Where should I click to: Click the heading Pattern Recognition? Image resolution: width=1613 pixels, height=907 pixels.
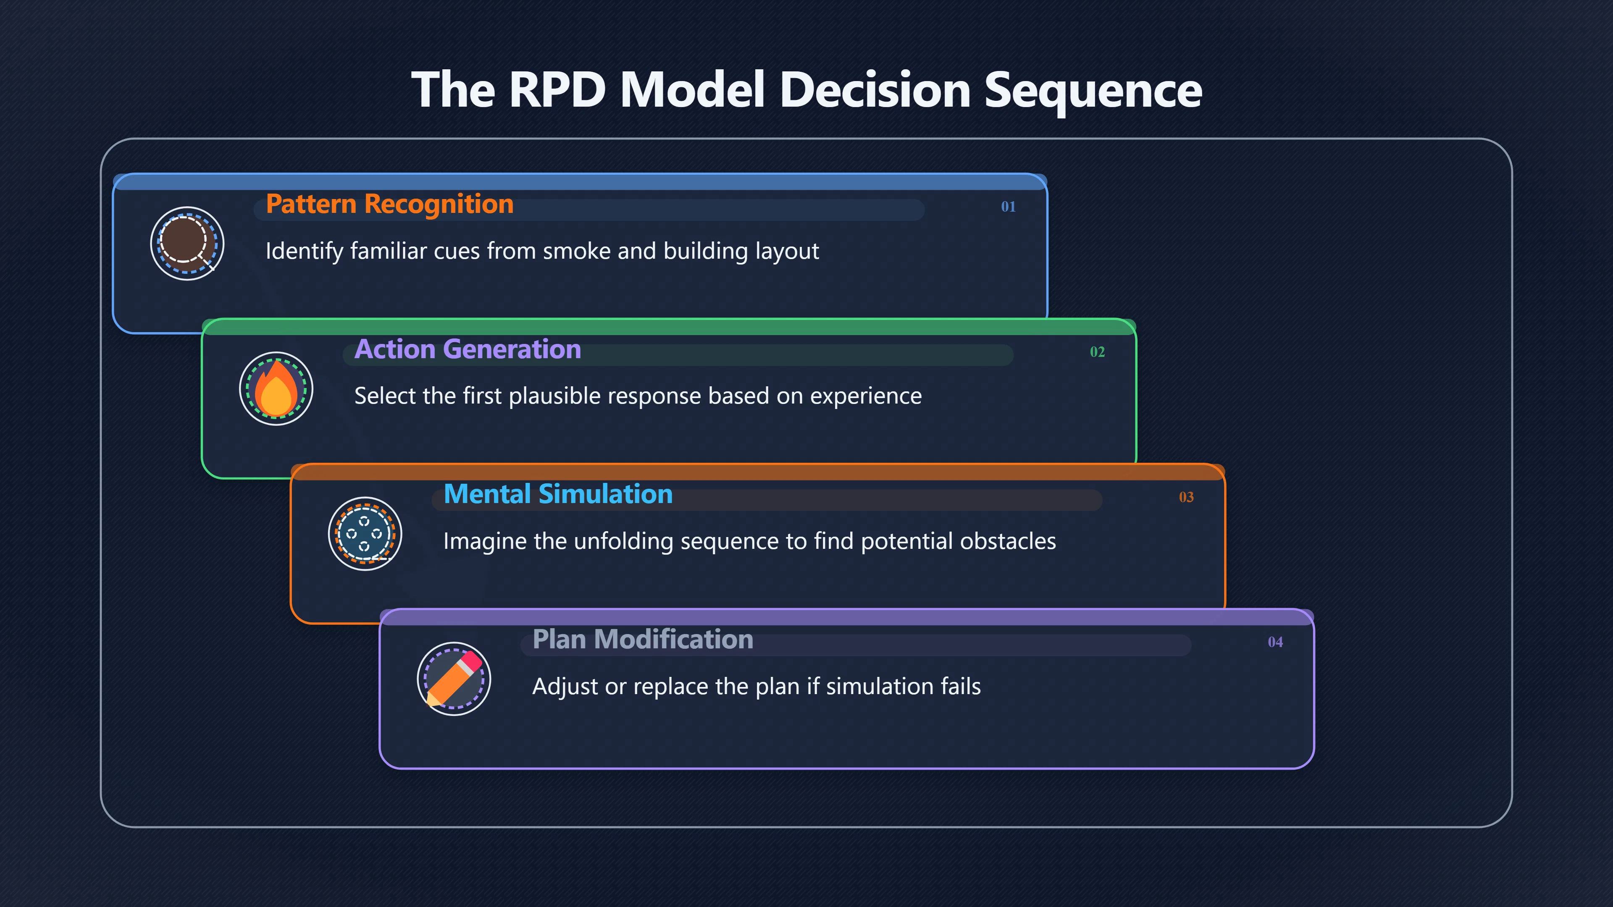(x=389, y=204)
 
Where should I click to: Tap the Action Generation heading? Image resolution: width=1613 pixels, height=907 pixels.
(x=468, y=349)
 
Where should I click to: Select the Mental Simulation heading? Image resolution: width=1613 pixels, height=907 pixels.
(x=558, y=495)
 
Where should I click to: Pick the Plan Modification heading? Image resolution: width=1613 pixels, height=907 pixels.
(x=642, y=640)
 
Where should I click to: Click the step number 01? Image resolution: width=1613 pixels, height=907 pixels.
(x=1008, y=207)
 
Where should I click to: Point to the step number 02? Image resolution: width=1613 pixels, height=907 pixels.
(x=1097, y=352)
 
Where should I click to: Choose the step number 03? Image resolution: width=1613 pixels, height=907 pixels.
(x=1186, y=497)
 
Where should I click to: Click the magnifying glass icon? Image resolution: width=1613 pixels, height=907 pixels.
(x=187, y=243)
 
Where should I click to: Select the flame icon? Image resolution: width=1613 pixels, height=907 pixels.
(x=276, y=388)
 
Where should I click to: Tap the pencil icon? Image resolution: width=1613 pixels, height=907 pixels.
(x=454, y=679)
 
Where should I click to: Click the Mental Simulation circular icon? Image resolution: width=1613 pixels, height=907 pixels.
(x=365, y=533)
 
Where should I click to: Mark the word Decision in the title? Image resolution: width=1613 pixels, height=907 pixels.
(x=875, y=89)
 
